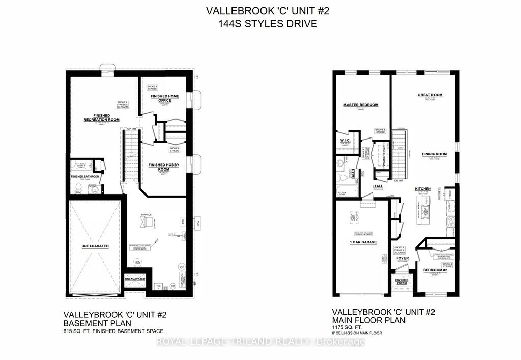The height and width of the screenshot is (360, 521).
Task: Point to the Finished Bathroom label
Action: click(85, 177)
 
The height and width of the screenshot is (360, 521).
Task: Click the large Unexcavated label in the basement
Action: click(95, 246)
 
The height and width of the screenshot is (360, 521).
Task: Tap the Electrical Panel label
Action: click(182, 279)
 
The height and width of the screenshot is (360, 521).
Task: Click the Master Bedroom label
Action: click(361, 105)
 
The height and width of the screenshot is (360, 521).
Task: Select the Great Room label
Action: click(429, 95)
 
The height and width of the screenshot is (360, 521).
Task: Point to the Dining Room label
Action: click(433, 154)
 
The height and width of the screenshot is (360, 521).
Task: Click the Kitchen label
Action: click(423, 189)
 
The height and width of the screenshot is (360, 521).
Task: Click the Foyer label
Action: click(402, 259)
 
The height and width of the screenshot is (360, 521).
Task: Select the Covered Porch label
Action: click(402, 282)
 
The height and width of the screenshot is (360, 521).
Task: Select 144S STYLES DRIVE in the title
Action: click(260, 23)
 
